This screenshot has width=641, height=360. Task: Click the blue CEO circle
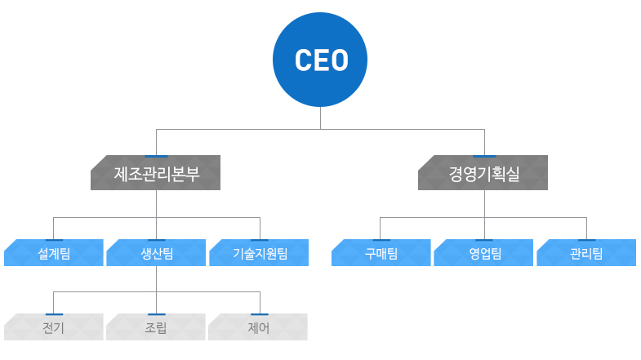point(320,60)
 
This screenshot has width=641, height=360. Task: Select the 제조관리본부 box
point(155,174)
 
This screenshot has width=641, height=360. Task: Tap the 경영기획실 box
point(483,174)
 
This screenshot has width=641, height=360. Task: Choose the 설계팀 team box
point(54,253)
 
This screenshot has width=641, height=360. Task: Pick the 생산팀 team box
point(156,253)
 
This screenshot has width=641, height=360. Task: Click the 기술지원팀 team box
point(259,253)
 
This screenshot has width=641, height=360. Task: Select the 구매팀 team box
point(381,253)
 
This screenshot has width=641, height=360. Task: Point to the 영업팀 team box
point(484,253)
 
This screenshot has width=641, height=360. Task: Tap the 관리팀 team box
point(585,253)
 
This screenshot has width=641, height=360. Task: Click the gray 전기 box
point(54,328)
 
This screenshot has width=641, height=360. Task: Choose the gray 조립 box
point(156,328)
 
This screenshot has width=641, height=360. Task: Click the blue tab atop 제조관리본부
point(155,156)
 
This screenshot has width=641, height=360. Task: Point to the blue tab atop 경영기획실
point(483,156)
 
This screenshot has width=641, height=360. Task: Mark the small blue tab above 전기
point(54,313)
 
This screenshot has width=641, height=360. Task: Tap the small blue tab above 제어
point(260,313)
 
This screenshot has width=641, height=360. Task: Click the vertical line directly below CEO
point(320,118)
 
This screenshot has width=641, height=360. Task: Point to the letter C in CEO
point(302,60)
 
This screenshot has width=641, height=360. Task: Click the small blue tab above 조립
point(156,313)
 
